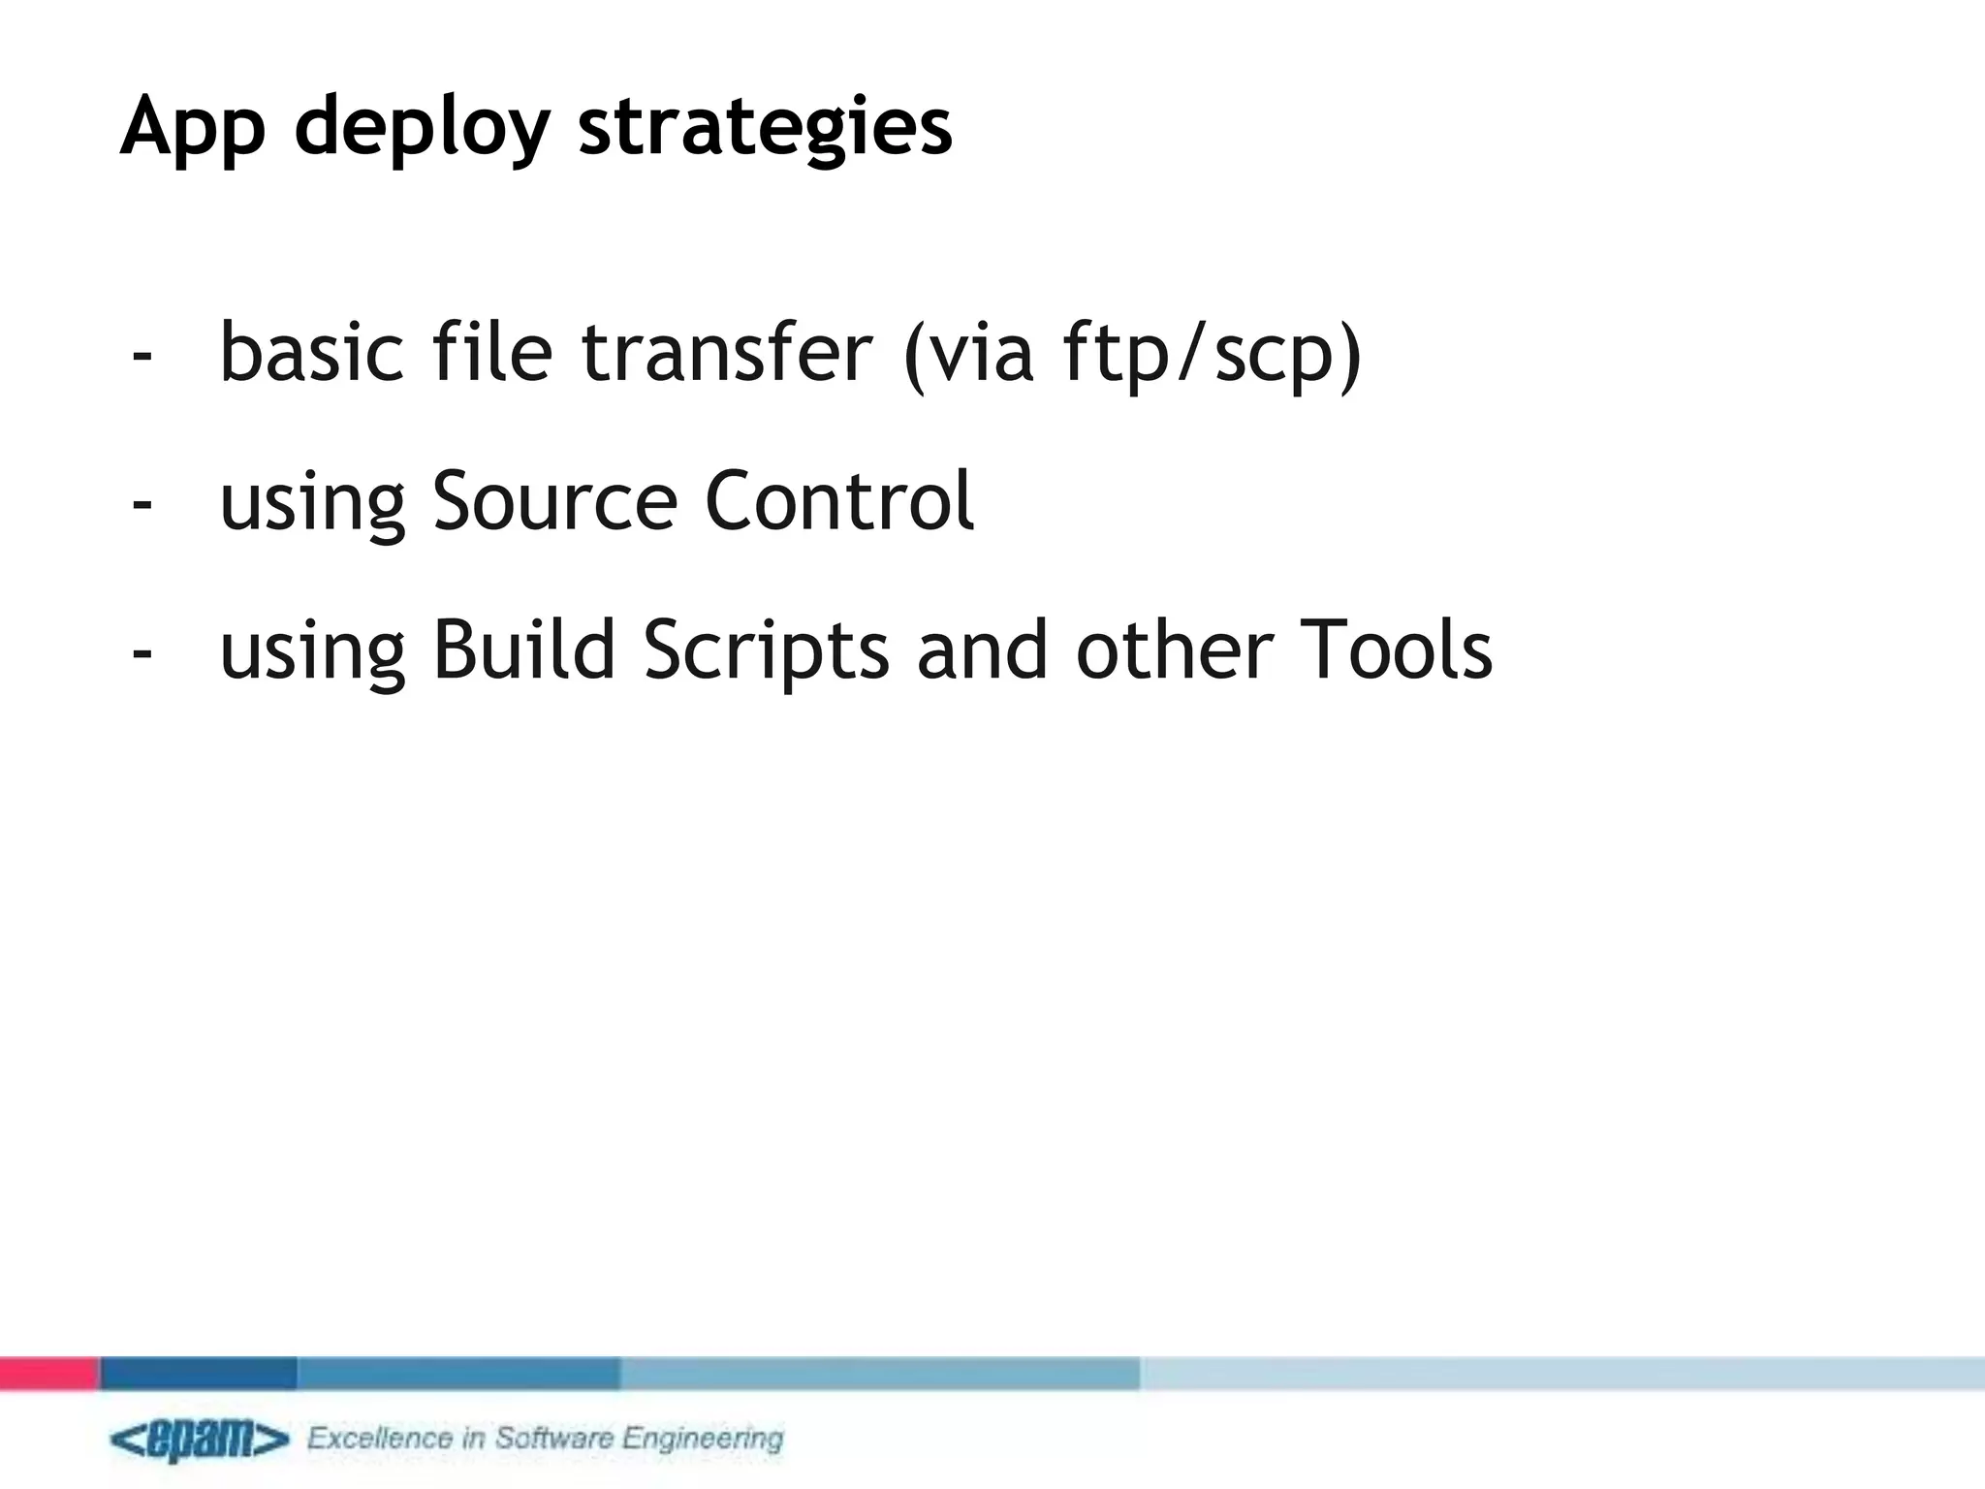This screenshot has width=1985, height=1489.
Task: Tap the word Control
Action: [838, 501]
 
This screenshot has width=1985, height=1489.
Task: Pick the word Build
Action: [523, 650]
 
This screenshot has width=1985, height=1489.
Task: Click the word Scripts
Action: [766, 650]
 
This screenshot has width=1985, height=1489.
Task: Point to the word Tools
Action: [1396, 650]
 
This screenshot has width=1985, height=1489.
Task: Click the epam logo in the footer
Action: [200, 1440]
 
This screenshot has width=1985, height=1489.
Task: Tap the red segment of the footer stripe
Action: [48, 1374]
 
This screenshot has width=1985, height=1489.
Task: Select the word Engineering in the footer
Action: [703, 1439]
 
